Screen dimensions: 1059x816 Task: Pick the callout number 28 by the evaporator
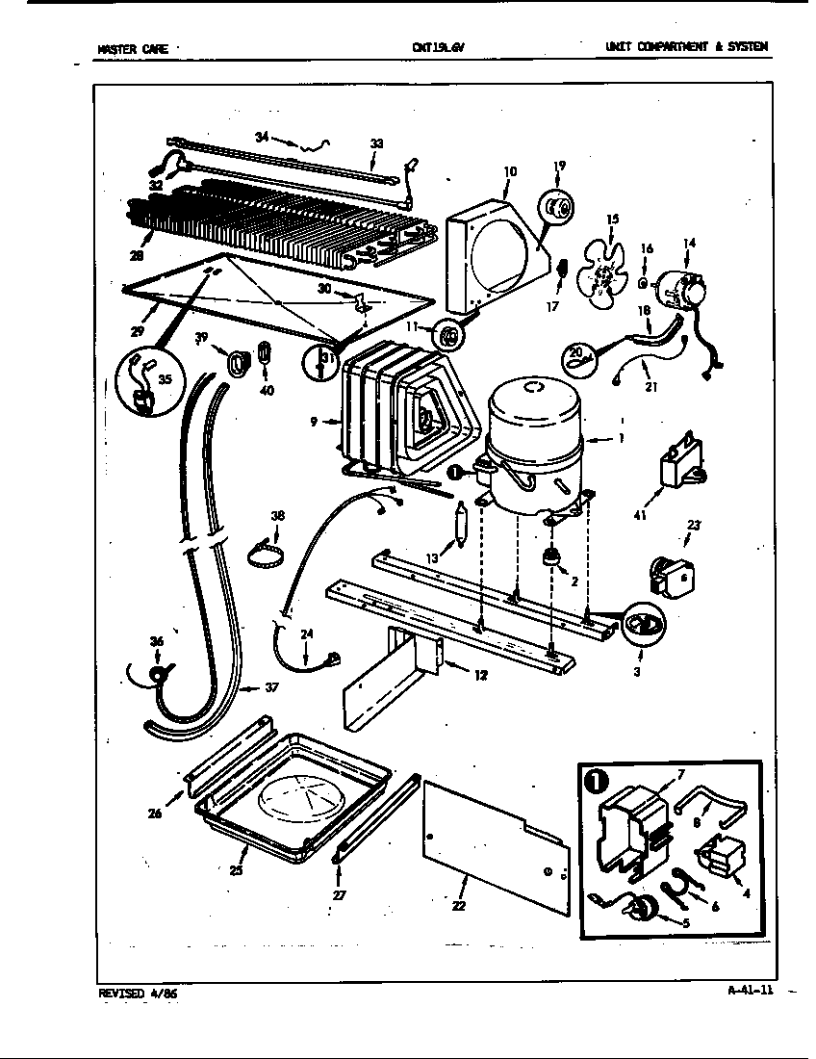tap(136, 255)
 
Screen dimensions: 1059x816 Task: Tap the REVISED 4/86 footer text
tap(138, 993)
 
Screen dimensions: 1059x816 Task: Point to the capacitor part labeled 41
tap(680, 464)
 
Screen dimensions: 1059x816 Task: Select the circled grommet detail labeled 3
tap(640, 626)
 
